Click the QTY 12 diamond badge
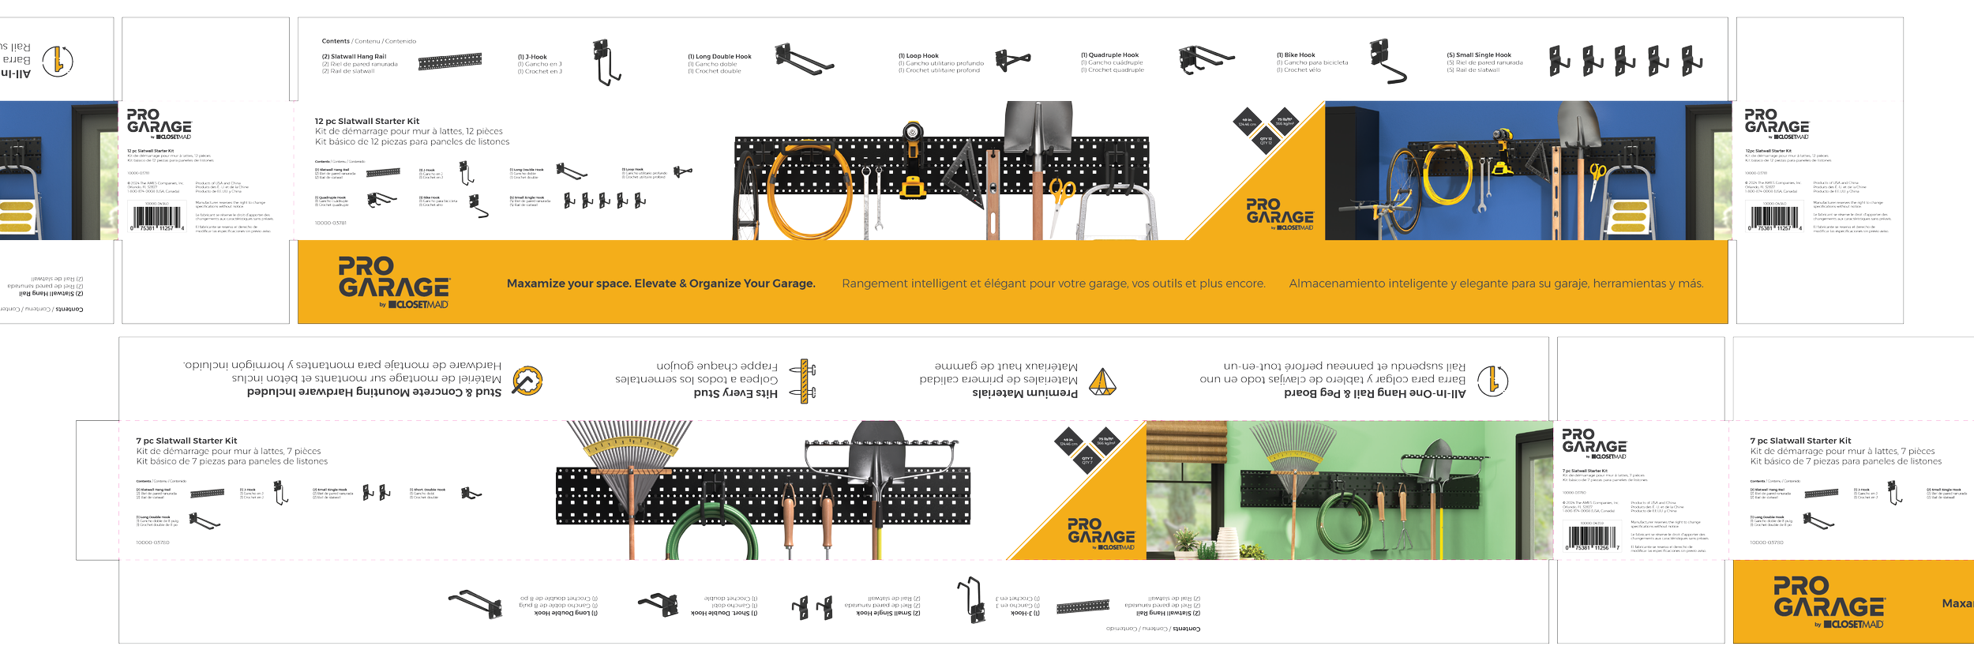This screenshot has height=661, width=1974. pyautogui.click(x=1266, y=141)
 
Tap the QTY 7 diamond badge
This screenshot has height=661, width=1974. pyautogui.click(x=1087, y=460)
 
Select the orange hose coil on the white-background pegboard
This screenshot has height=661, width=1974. pyautogui.click(x=809, y=190)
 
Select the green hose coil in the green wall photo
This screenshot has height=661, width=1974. pyautogui.click(x=1345, y=522)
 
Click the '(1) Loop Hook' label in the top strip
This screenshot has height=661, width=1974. pyautogui.click(x=918, y=56)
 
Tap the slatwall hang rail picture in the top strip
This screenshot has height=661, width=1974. pyautogui.click(x=449, y=61)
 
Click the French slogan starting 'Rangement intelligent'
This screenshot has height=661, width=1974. pyautogui.click(x=1053, y=284)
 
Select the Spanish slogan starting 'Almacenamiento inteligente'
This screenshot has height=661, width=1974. pyautogui.click(x=1496, y=284)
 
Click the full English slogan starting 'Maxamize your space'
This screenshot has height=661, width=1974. pyautogui.click(x=661, y=284)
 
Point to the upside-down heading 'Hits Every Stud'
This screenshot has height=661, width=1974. pyautogui.click(x=735, y=393)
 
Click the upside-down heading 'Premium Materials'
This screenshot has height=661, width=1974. pyautogui.click(x=1024, y=393)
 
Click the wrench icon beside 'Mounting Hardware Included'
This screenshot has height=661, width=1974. pyautogui.click(x=527, y=381)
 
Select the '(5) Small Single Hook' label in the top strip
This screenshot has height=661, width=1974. pyautogui.click(x=1479, y=55)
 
